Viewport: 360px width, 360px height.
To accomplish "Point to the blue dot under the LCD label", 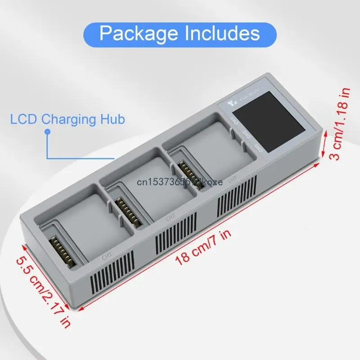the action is click(47, 132).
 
